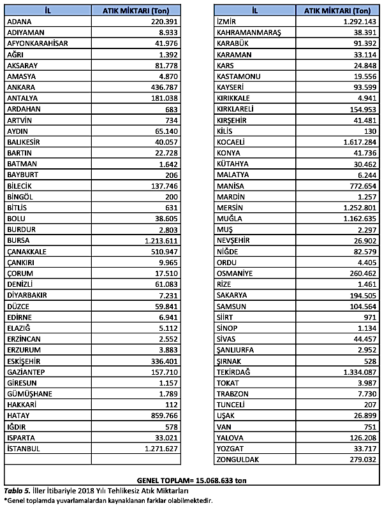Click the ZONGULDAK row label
(x=239, y=459)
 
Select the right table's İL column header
(x=255, y=11)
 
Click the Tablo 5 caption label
(x=17, y=491)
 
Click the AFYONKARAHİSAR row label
(x=36, y=43)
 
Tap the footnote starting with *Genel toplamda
(x=106, y=500)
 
